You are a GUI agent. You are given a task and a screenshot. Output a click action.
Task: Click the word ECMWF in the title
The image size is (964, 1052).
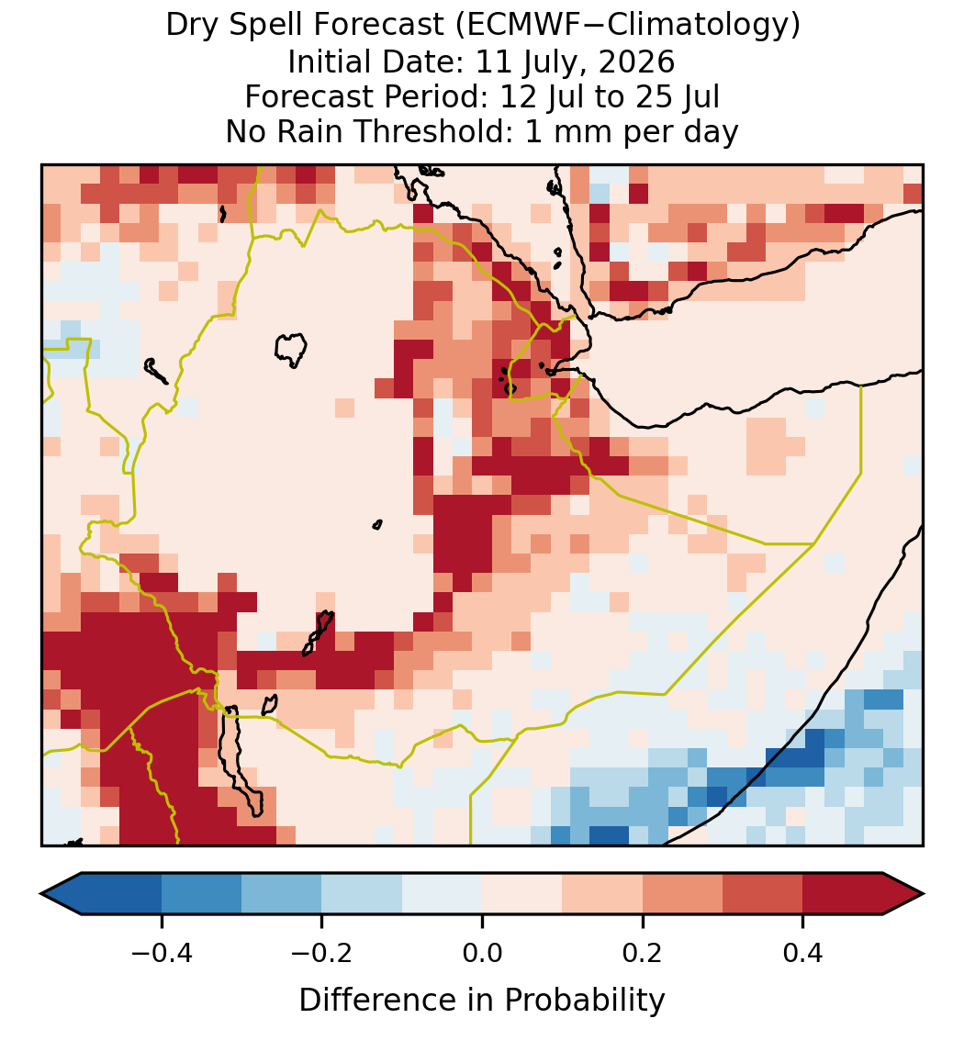(512, 26)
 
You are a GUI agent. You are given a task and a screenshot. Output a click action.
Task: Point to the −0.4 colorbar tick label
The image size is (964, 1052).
(162, 953)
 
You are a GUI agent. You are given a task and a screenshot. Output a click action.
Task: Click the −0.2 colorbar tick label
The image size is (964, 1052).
(322, 953)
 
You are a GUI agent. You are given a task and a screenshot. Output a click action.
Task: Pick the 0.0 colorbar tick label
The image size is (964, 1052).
(482, 953)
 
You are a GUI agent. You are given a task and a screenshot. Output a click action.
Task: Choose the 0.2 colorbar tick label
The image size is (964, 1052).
(643, 953)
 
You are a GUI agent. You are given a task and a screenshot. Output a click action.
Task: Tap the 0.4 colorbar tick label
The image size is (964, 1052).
(803, 953)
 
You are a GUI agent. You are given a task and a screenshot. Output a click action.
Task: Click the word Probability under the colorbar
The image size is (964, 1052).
(584, 1001)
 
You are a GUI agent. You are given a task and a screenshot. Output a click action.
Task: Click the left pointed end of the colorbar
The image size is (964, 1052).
(41, 894)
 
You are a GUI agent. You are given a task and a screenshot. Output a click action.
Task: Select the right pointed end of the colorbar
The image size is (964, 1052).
(924, 894)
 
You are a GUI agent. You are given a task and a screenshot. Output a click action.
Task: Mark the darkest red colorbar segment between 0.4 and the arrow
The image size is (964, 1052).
(843, 894)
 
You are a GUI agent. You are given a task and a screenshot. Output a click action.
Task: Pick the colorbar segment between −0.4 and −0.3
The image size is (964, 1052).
(201, 894)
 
